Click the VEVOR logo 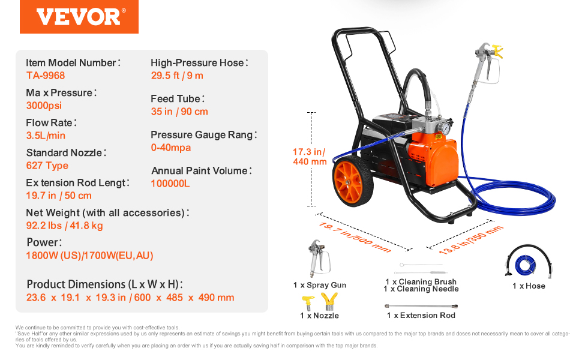79,17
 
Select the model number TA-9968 46,76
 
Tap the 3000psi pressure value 44,106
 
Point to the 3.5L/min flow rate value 46,136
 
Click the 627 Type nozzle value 47,166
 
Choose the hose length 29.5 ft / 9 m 177,76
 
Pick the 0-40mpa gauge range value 171,148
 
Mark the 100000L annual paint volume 170,184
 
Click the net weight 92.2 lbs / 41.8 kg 65,226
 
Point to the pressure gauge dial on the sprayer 443,128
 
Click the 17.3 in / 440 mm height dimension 310,157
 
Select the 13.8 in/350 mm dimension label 471,240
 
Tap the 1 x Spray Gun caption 320,285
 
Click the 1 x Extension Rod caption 421,316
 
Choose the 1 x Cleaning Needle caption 421,289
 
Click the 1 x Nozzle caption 320,316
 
